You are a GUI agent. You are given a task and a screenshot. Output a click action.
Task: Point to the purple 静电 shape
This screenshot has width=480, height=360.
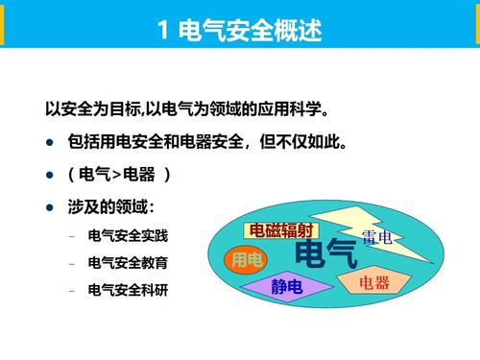pos(286,286)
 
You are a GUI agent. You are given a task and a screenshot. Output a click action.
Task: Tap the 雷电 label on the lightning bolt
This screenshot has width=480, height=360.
pos(376,237)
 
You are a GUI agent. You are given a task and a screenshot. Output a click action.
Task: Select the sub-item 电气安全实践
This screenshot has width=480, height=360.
pos(126,234)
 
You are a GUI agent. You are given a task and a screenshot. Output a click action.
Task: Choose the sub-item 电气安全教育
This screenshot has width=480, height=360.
pos(126,261)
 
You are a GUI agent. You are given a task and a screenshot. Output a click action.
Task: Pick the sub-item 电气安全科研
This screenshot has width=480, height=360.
pos(126,288)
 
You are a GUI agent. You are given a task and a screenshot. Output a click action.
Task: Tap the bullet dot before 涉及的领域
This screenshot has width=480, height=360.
pos(50,208)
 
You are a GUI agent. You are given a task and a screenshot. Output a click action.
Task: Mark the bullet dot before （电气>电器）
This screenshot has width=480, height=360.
pos(50,177)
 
